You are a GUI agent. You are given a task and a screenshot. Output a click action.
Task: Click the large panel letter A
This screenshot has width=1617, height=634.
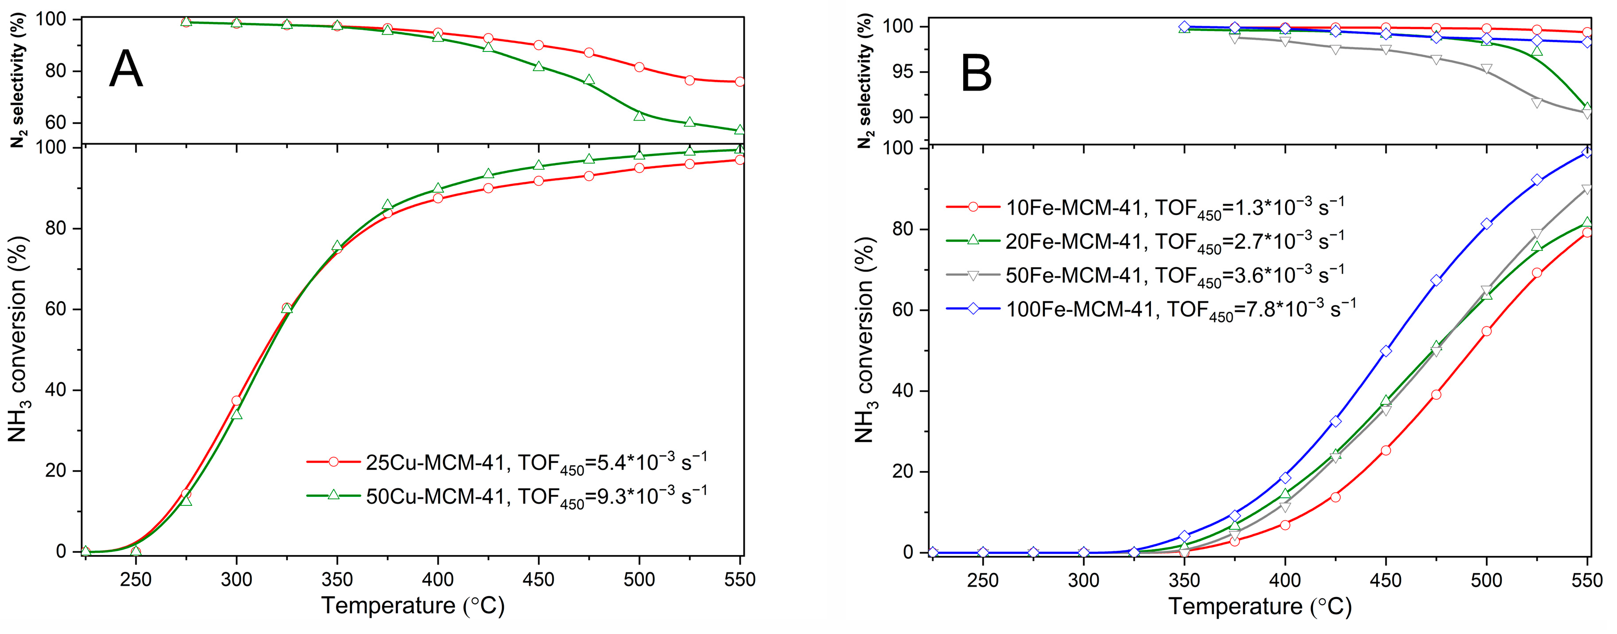(126, 69)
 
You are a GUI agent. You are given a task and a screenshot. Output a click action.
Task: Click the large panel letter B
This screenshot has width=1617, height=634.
(976, 74)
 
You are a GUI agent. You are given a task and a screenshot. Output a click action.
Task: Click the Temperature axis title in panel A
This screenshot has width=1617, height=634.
(413, 606)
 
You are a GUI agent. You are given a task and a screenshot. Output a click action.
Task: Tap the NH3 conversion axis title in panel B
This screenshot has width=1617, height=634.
(865, 339)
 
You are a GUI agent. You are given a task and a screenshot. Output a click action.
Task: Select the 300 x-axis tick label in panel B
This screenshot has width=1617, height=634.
(1083, 579)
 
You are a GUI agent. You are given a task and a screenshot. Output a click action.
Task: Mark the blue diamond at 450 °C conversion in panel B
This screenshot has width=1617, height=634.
(1386, 351)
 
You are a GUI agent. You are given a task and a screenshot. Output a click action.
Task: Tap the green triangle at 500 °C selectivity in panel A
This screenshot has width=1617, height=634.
(640, 115)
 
